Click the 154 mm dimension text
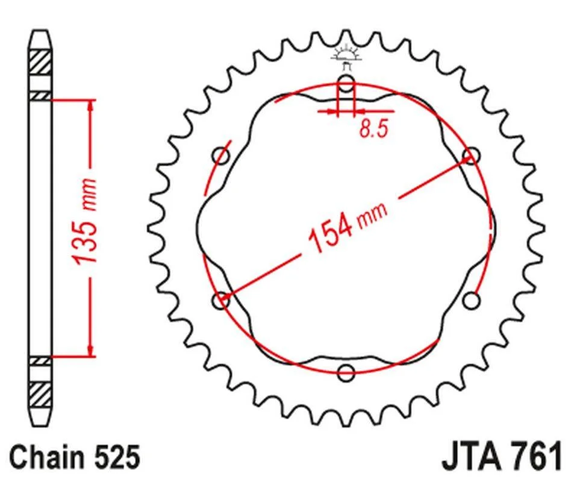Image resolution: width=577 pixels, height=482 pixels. (348, 227)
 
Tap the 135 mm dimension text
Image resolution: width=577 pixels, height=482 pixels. (85, 221)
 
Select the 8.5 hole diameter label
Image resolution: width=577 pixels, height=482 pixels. (373, 129)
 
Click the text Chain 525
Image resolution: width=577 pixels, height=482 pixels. (75, 457)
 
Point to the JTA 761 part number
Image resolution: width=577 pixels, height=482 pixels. (502, 457)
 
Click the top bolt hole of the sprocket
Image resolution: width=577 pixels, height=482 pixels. (346, 83)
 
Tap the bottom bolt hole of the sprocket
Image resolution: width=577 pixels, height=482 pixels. (346, 372)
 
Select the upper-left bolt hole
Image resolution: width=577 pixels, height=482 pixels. (221, 155)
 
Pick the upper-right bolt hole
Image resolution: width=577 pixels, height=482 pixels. (472, 155)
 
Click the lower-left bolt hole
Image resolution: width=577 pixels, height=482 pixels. (221, 301)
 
